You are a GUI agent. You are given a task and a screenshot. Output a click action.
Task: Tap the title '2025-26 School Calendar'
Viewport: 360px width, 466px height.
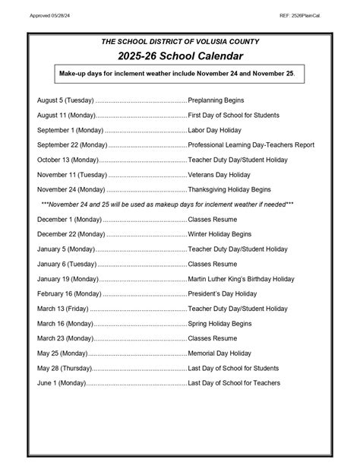point(180,57)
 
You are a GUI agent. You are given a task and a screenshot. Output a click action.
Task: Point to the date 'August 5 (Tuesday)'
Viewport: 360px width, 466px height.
point(66,100)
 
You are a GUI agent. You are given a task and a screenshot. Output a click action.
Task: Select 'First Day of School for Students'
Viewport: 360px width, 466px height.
point(234,116)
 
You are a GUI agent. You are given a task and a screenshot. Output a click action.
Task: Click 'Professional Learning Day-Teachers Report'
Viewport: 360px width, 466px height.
point(251,144)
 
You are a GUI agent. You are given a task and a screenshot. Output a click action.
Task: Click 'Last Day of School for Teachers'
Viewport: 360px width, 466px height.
point(235,383)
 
